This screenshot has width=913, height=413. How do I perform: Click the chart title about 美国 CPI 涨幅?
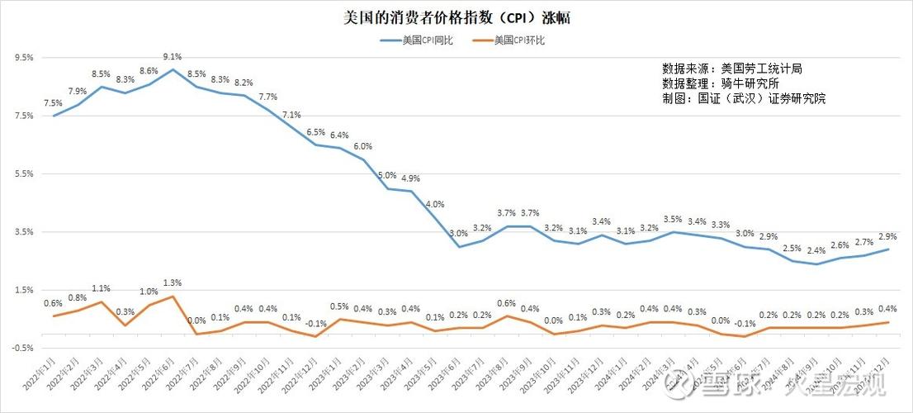coord(456,17)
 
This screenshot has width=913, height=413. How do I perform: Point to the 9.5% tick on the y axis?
coord(24,58)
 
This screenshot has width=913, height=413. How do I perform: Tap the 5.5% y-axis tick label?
coord(24,174)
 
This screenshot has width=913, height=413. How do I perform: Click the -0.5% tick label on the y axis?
coord(22,348)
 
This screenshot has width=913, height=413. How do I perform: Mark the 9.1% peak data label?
coord(173,57)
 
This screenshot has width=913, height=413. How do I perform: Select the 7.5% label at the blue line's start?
coord(53,103)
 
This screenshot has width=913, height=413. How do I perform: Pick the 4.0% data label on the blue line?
coord(435,204)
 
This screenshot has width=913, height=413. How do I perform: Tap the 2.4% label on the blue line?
coord(816,251)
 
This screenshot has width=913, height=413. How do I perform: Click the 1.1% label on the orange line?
coord(101,288)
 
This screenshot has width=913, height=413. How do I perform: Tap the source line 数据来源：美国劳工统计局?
coord(731,68)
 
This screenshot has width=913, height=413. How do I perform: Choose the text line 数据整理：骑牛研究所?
coord(720,83)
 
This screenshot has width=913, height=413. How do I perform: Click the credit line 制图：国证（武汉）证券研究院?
coord(743,98)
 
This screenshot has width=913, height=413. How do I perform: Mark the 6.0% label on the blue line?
coord(363,146)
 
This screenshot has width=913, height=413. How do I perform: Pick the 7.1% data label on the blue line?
coord(291,115)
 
